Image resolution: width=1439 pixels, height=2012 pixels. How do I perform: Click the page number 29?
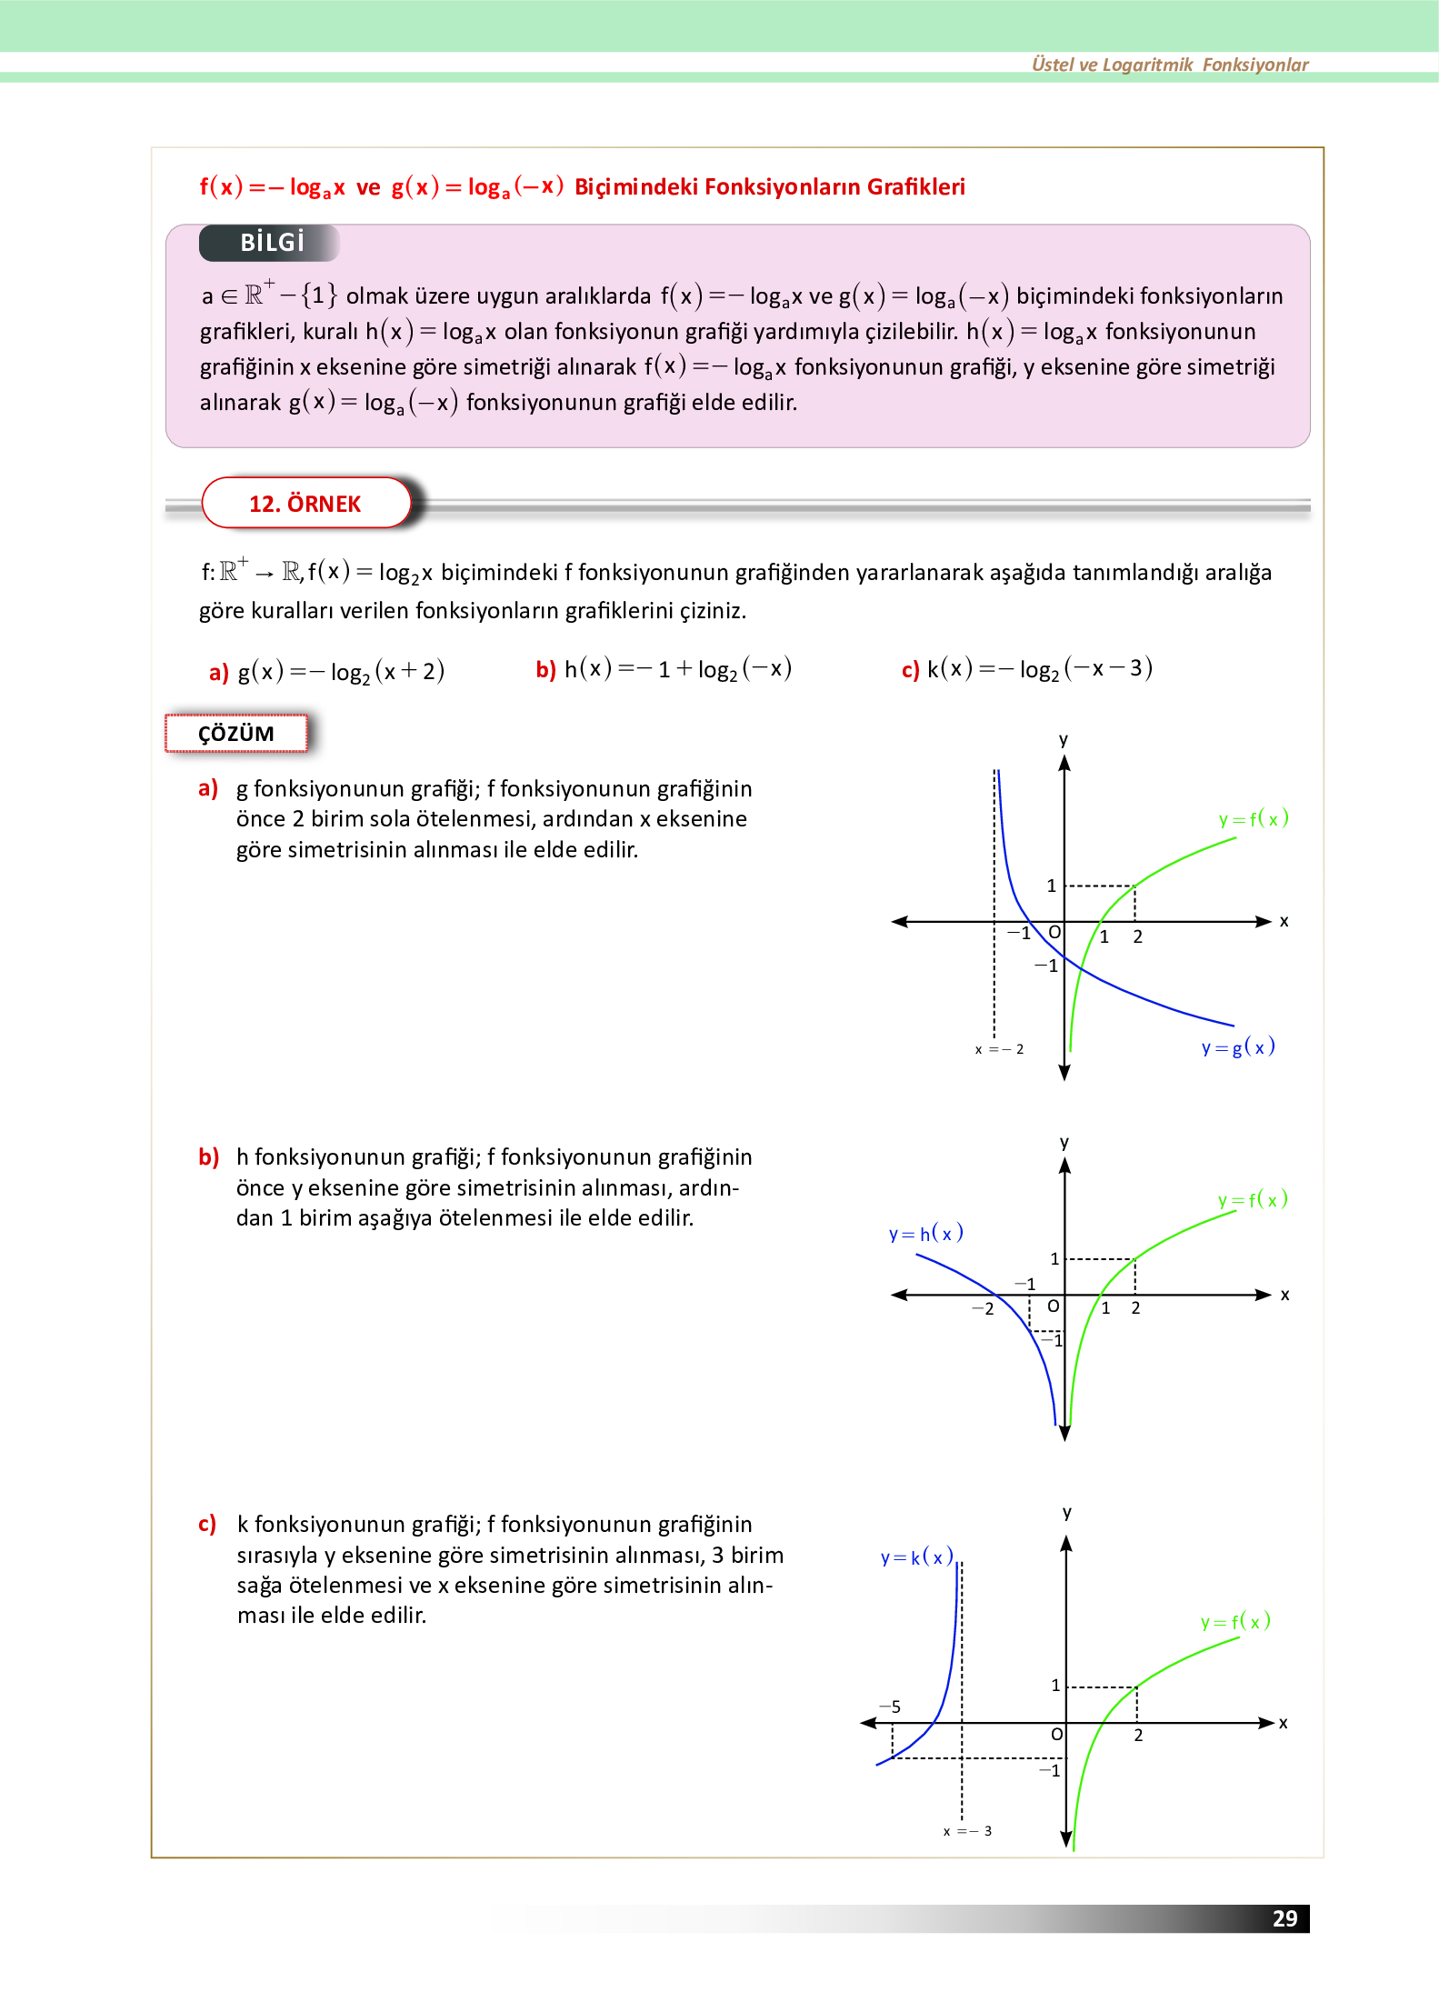tap(1284, 1918)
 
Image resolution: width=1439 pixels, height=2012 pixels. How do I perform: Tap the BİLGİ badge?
tap(271, 243)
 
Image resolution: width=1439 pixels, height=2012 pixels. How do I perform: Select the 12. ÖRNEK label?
tap(305, 504)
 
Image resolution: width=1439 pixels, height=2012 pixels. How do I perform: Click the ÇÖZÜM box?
tap(236, 734)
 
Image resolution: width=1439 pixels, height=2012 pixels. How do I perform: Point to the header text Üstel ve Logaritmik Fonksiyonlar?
tap(1170, 65)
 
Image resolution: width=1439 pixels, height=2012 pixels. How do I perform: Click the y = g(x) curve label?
tap(1238, 1047)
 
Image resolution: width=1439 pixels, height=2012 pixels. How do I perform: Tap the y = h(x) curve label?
tap(925, 1234)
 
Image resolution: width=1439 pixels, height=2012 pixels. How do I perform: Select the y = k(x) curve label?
tap(916, 1557)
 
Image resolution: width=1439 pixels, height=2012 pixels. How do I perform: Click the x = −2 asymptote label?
tap(999, 1049)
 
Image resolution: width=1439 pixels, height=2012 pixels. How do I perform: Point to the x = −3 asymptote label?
tap(967, 1831)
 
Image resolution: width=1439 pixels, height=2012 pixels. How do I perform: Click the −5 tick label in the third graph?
tap(891, 1707)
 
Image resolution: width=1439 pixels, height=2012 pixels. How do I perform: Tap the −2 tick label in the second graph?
tap(983, 1309)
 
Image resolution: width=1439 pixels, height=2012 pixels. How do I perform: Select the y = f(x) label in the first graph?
tap(1254, 819)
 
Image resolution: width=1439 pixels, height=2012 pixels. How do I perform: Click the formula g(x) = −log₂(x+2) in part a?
tap(341, 672)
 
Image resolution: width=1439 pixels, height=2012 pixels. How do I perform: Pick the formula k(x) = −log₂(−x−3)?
tap(1039, 669)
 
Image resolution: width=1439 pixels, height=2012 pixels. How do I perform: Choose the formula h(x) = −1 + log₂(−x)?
tap(677, 669)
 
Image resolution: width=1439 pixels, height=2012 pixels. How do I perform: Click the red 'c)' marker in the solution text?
tap(207, 1524)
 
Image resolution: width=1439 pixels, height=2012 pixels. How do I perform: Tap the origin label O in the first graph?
tap(1054, 933)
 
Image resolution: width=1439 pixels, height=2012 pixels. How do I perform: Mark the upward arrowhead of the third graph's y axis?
tap(1066, 1543)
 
